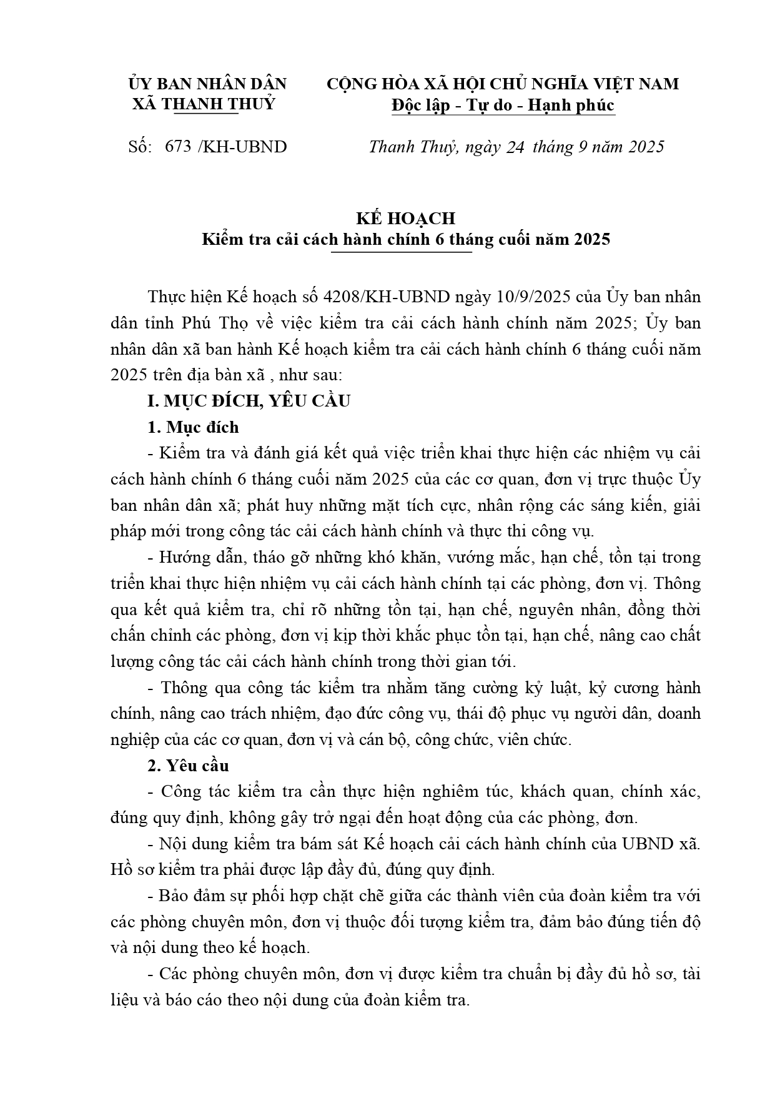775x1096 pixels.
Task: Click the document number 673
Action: coord(178,147)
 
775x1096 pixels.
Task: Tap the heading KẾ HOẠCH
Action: coord(405,219)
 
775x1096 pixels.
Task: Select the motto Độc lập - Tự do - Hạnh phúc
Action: coord(503,106)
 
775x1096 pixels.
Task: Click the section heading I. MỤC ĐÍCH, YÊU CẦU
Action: coord(249,401)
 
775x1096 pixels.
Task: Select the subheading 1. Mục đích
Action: coord(193,427)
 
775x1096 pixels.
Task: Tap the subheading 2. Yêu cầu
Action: coord(188,766)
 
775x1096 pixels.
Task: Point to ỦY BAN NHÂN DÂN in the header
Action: coord(207,84)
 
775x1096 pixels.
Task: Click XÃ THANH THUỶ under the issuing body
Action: coord(204,104)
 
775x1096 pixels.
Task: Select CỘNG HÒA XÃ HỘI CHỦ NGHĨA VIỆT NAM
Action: coord(503,84)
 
